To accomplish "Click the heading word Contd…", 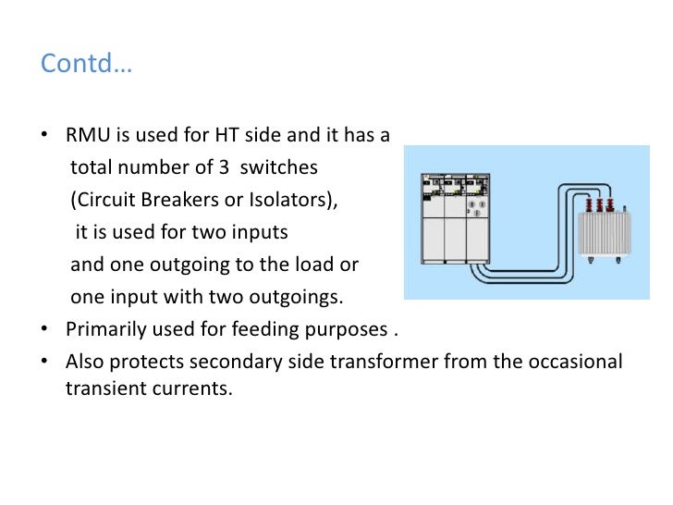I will [87, 66].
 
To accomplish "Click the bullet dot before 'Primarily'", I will [45, 330].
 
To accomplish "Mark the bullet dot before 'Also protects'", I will [45, 363].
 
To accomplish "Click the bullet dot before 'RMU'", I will [45, 136].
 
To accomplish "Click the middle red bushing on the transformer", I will [597, 205].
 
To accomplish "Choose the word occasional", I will [576, 362].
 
